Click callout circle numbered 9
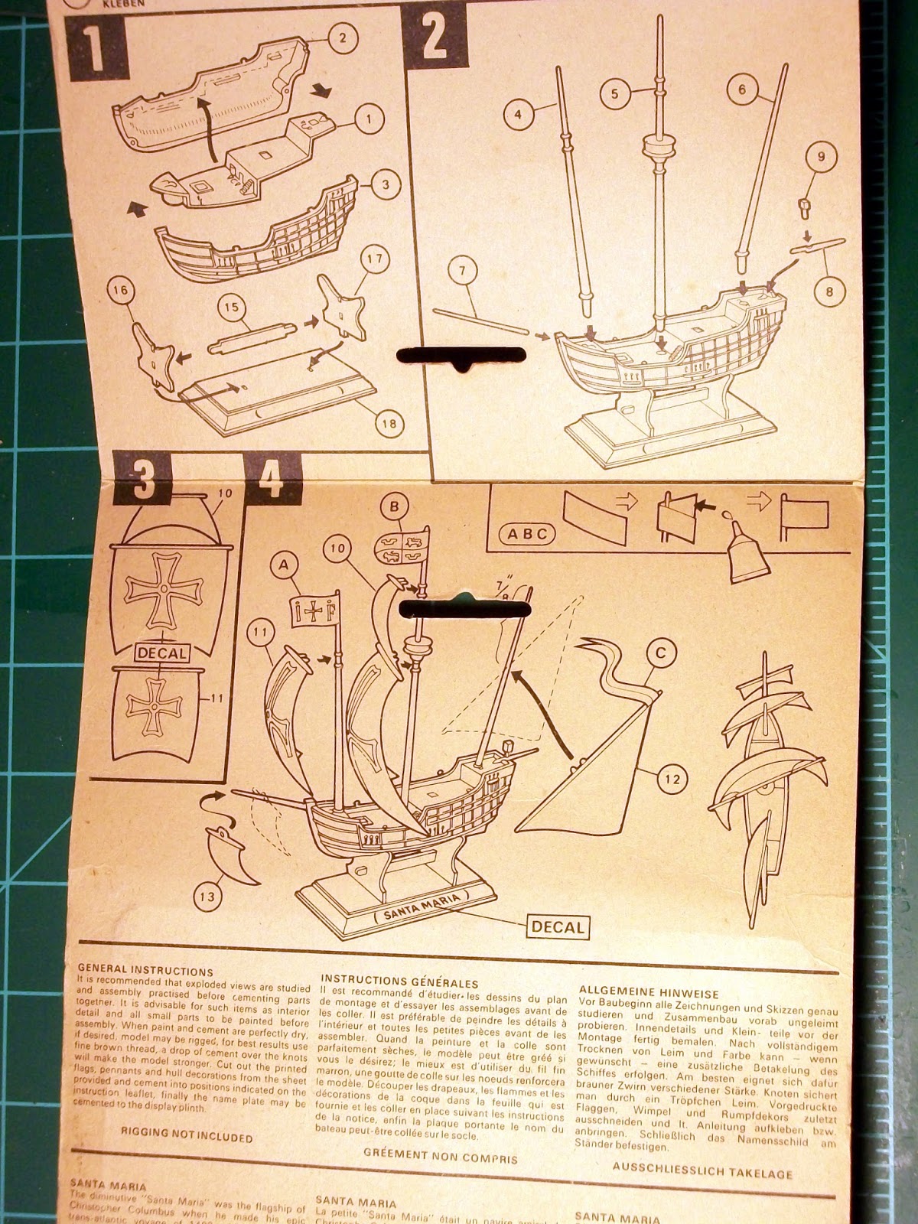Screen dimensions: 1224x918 click(x=820, y=158)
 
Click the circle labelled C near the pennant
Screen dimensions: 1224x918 click(x=662, y=653)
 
